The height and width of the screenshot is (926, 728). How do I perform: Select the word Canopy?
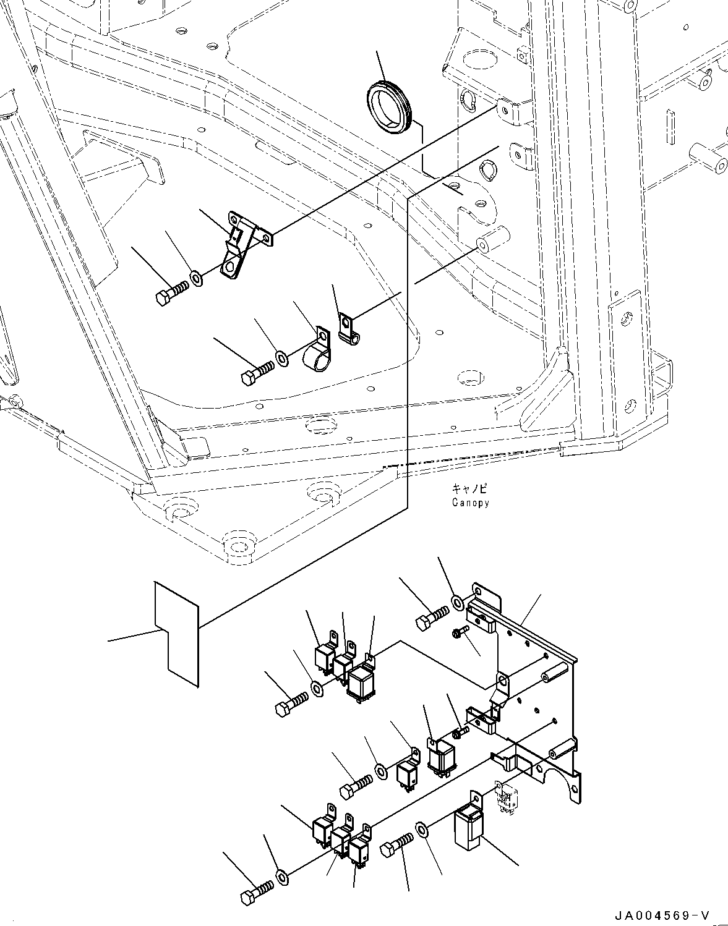click(470, 503)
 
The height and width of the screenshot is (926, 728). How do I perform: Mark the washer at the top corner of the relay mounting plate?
click(457, 602)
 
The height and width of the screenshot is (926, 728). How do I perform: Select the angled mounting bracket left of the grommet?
click(242, 246)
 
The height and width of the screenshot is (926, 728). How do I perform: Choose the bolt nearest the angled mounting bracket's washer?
click(170, 292)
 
